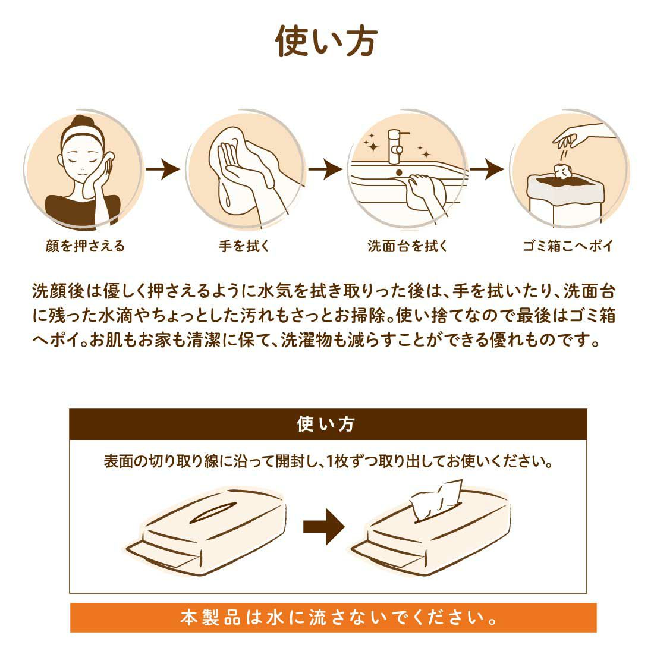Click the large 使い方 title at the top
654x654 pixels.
click(326, 41)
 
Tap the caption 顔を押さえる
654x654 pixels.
click(85, 246)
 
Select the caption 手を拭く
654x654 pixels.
click(244, 246)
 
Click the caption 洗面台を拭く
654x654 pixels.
click(407, 246)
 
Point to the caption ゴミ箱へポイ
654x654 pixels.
click(568, 246)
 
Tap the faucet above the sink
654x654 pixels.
click(396, 146)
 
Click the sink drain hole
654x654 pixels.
click(399, 172)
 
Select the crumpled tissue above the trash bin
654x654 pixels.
click(562, 171)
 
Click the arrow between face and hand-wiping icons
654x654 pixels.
click(163, 169)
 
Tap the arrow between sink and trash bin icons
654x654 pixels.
click(487, 169)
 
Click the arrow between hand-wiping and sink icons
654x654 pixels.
click(325, 169)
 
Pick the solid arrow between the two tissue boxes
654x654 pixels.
click(323, 527)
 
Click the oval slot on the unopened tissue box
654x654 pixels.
click(213, 512)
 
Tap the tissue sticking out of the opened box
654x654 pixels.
click(436, 500)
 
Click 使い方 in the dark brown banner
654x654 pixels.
click(326, 424)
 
